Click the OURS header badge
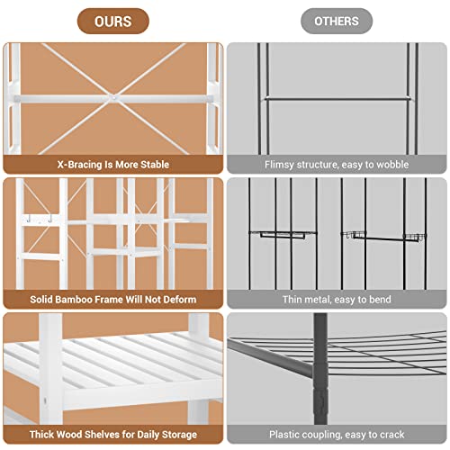pyautogui.click(x=112, y=21)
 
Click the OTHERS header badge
pyautogui.click(x=337, y=21)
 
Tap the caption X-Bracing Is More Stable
pyautogui.click(x=112, y=165)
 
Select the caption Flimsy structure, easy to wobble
pyautogui.click(x=337, y=165)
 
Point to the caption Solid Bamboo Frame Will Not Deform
pyautogui.click(x=112, y=300)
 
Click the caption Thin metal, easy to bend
pyautogui.click(x=337, y=300)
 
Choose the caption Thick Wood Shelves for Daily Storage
pyautogui.click(x=112, y=436)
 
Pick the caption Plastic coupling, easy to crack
pyautogui.click(x=337, y=436)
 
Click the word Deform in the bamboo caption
pyautogui.click(x=176, y=300)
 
